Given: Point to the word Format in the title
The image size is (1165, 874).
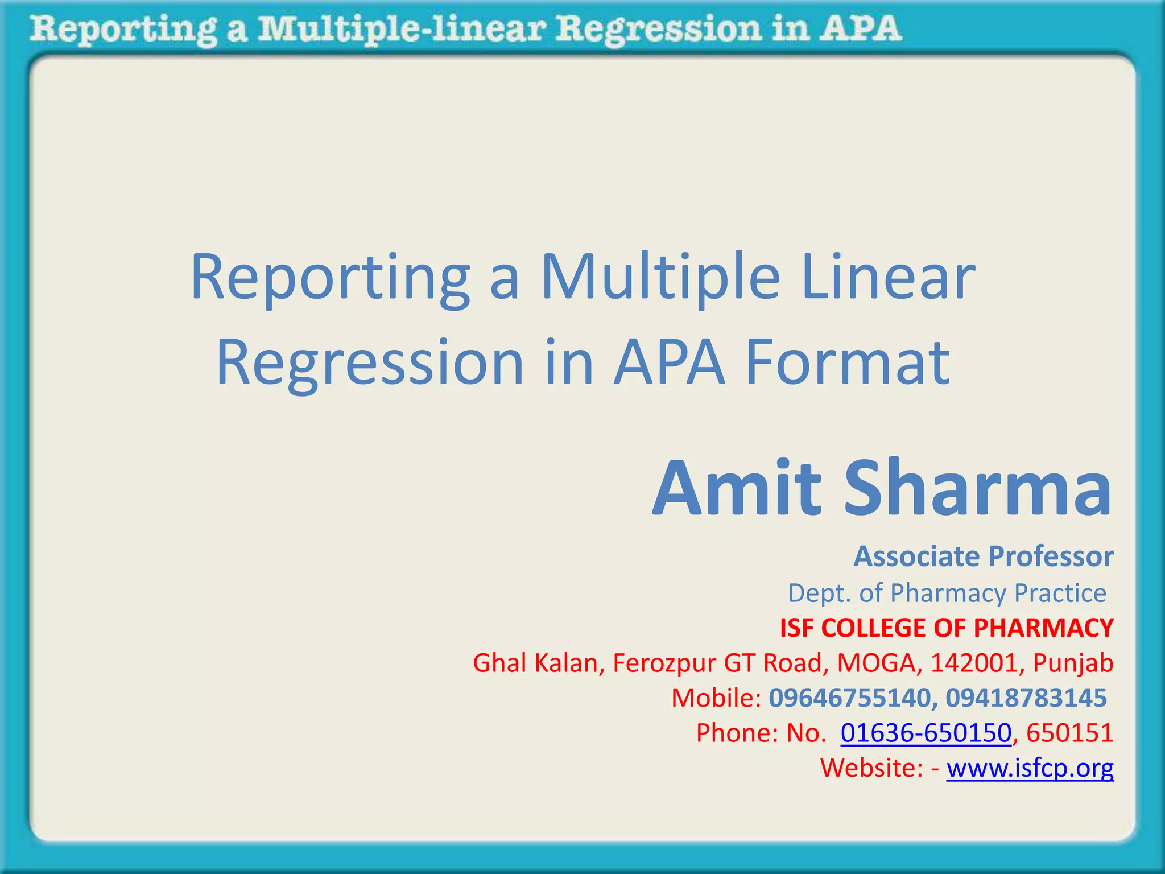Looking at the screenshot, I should [x=848, y=363].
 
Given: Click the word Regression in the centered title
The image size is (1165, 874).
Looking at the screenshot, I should [x=370, y=363].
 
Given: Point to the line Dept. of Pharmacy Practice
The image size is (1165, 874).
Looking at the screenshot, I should [x=947, y=593].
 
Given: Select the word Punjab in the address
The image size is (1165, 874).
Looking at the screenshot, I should [x=1073, y=663].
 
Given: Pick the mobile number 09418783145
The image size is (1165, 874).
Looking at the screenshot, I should [x=1026, y=698].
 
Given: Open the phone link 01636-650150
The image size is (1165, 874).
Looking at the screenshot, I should [x=926, y=733].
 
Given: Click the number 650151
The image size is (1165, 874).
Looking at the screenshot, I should [x=1069, y=733].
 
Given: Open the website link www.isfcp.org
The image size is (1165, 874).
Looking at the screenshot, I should [x=1030, y=768].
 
